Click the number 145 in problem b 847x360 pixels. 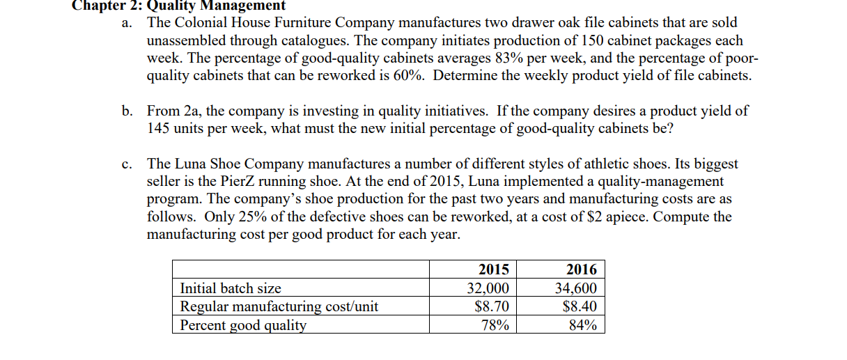click(160, 128)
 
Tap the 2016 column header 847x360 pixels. click(582, 269)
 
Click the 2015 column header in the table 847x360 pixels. click(494, 269)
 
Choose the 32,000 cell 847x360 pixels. click(488, 288)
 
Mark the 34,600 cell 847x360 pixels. click(575, 288)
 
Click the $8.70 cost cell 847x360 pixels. click(492, 306)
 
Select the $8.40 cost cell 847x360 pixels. click(580, 306)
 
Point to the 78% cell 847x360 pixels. click(496, 324)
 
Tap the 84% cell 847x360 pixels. click(582, 324)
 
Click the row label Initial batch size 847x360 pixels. click(231, 288)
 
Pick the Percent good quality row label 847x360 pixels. click(243, 324)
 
